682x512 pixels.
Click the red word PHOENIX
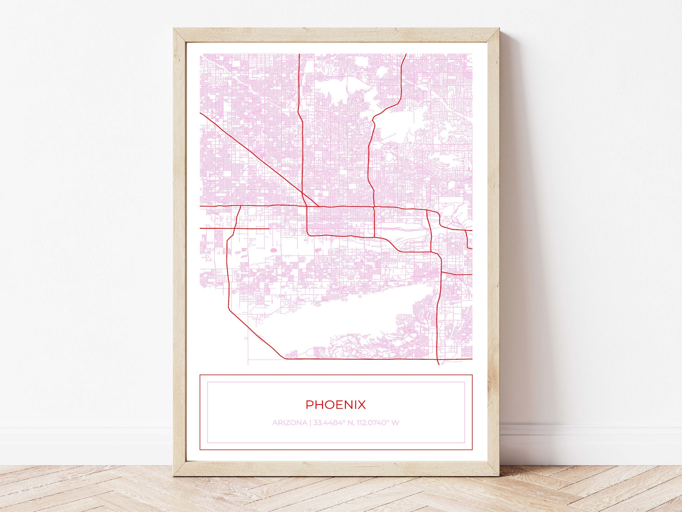[336, 405]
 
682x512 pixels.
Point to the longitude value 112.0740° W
[374, 423]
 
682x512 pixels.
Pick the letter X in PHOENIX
[362, 405]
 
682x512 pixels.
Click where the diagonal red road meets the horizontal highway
[318, 206]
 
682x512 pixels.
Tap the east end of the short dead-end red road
[268, 228]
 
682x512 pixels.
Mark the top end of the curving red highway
[406, 55]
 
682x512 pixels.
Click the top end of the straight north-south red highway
[299, 55]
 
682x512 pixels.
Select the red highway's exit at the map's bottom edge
[439, 364]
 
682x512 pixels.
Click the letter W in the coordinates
[396, 423]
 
